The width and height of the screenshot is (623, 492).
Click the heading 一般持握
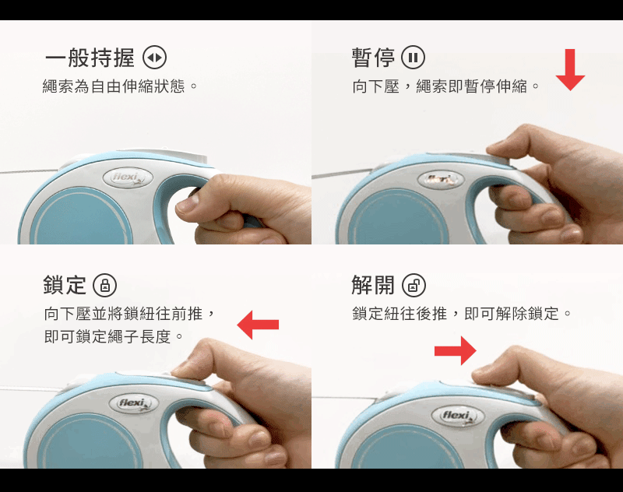[x=90, y=58]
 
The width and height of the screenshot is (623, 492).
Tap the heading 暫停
[x=373, y=58]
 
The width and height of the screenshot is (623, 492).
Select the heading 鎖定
[x=65, y=285]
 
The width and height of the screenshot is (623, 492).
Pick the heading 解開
[x=373, y=285]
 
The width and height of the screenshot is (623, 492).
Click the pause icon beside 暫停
[x=414, y=58]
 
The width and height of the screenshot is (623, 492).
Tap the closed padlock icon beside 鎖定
[x=105, y=285]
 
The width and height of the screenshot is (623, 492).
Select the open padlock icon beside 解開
[x=414, y=285]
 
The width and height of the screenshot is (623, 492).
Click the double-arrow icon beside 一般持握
[x=154, y=58]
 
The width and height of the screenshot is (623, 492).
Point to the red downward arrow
[x=570, y=70]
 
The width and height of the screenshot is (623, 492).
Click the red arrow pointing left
[x=258, y=325]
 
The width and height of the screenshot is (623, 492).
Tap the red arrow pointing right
[x=456, y=350]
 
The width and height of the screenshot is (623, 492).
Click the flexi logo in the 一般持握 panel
[x=128, y=177]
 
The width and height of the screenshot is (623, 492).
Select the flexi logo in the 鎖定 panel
[x=134, y=404]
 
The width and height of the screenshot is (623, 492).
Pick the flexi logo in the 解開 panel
[x=458, y=416]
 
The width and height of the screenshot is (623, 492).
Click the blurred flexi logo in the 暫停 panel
[x=441, y=180]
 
